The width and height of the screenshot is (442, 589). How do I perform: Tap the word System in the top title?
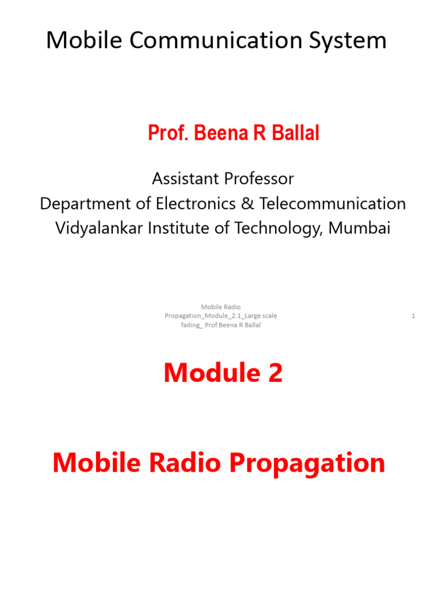tap(349, 40)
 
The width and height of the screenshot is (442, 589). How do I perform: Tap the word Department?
tap(79, 204)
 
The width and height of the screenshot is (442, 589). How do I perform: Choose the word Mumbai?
tap(360, 228)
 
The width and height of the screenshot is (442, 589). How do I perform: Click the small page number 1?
tap(414, 316)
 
